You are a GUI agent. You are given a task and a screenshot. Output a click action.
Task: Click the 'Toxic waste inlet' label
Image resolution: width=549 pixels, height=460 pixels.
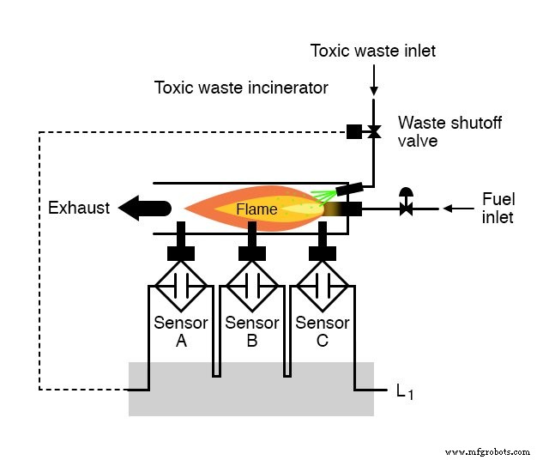373,51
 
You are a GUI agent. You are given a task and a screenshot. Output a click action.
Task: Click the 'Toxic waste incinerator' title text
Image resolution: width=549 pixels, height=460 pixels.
241,88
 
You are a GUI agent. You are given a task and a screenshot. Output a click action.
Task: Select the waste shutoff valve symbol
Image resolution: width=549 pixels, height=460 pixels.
374,132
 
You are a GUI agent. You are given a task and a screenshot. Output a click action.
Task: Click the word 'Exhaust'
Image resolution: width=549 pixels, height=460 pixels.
79,209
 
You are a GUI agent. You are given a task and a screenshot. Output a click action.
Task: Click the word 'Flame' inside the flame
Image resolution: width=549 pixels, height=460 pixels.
256,209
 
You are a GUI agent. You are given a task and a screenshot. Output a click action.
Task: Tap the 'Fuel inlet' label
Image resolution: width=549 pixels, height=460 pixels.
498,209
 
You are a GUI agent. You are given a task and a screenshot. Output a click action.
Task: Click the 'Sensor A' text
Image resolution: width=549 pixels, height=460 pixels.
181,331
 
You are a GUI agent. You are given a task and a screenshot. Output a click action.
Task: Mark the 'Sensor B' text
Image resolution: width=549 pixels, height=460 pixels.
251,331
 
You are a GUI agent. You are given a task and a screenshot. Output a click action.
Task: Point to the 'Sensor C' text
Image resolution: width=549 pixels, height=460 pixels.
323,331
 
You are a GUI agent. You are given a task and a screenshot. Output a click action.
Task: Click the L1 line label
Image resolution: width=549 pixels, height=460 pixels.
405,392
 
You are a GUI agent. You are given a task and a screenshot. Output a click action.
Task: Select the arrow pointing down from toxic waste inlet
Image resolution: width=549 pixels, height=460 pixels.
374,81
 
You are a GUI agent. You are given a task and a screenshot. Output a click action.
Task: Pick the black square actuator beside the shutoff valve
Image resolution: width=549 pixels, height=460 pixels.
353,132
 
